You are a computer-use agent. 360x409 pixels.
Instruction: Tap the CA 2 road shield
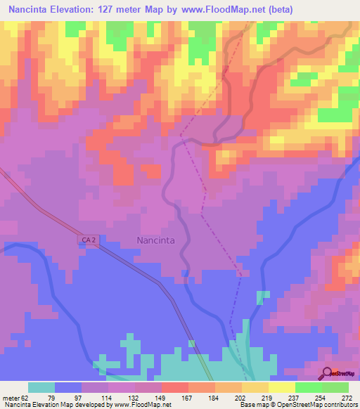[88, 240]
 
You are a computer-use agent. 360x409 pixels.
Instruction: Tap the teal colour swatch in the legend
[41, 387]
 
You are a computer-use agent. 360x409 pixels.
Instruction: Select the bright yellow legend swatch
[282, 387]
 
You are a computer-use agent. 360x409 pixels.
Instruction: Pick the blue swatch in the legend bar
[68, 387]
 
